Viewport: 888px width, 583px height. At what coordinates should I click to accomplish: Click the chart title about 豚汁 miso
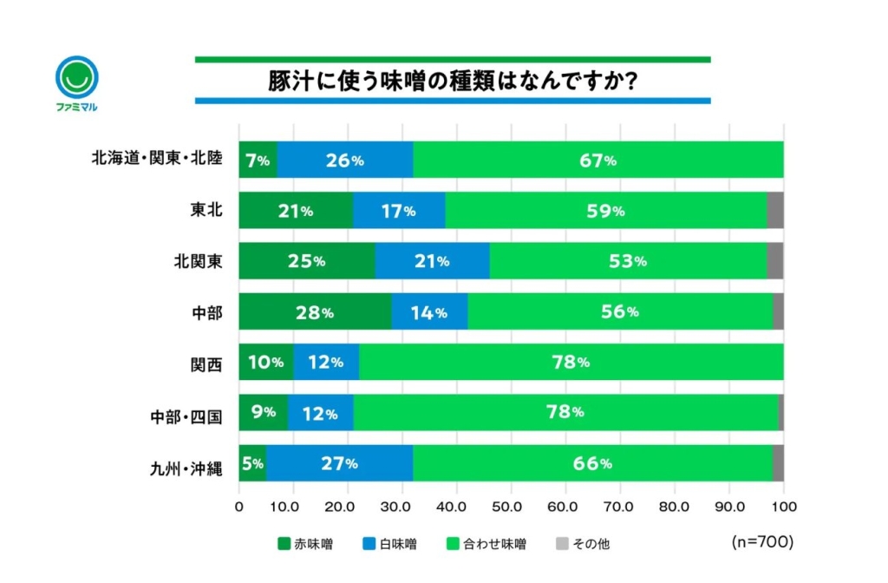click(x=453, y=81)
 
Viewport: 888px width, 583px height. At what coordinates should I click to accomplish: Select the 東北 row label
click(x=206, y=210)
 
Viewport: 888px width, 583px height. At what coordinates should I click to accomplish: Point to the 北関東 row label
click(x=199, y=261)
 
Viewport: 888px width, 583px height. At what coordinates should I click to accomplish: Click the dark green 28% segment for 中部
click(x=315, y=312)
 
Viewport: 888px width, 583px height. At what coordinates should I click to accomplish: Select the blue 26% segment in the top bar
click(x=344, y=160)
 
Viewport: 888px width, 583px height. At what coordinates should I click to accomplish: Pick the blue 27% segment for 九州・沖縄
click(x=339, y=463)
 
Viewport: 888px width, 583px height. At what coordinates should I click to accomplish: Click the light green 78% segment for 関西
click(x=571, y=362)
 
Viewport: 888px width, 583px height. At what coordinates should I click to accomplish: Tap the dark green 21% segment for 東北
click(x=296, y=211)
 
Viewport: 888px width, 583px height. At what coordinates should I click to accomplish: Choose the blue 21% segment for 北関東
click(x=432, y=261)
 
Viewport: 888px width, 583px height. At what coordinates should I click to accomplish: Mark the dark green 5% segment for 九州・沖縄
click(x=252, y=463)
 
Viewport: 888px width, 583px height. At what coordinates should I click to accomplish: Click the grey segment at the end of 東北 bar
click(x=775, y=211)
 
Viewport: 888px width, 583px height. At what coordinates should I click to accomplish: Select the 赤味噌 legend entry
click(x=304, y=544)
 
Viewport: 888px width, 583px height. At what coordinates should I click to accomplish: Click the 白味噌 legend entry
click(x=390, y=544)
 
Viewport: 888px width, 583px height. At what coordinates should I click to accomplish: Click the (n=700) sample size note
click(x=762, y=541)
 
